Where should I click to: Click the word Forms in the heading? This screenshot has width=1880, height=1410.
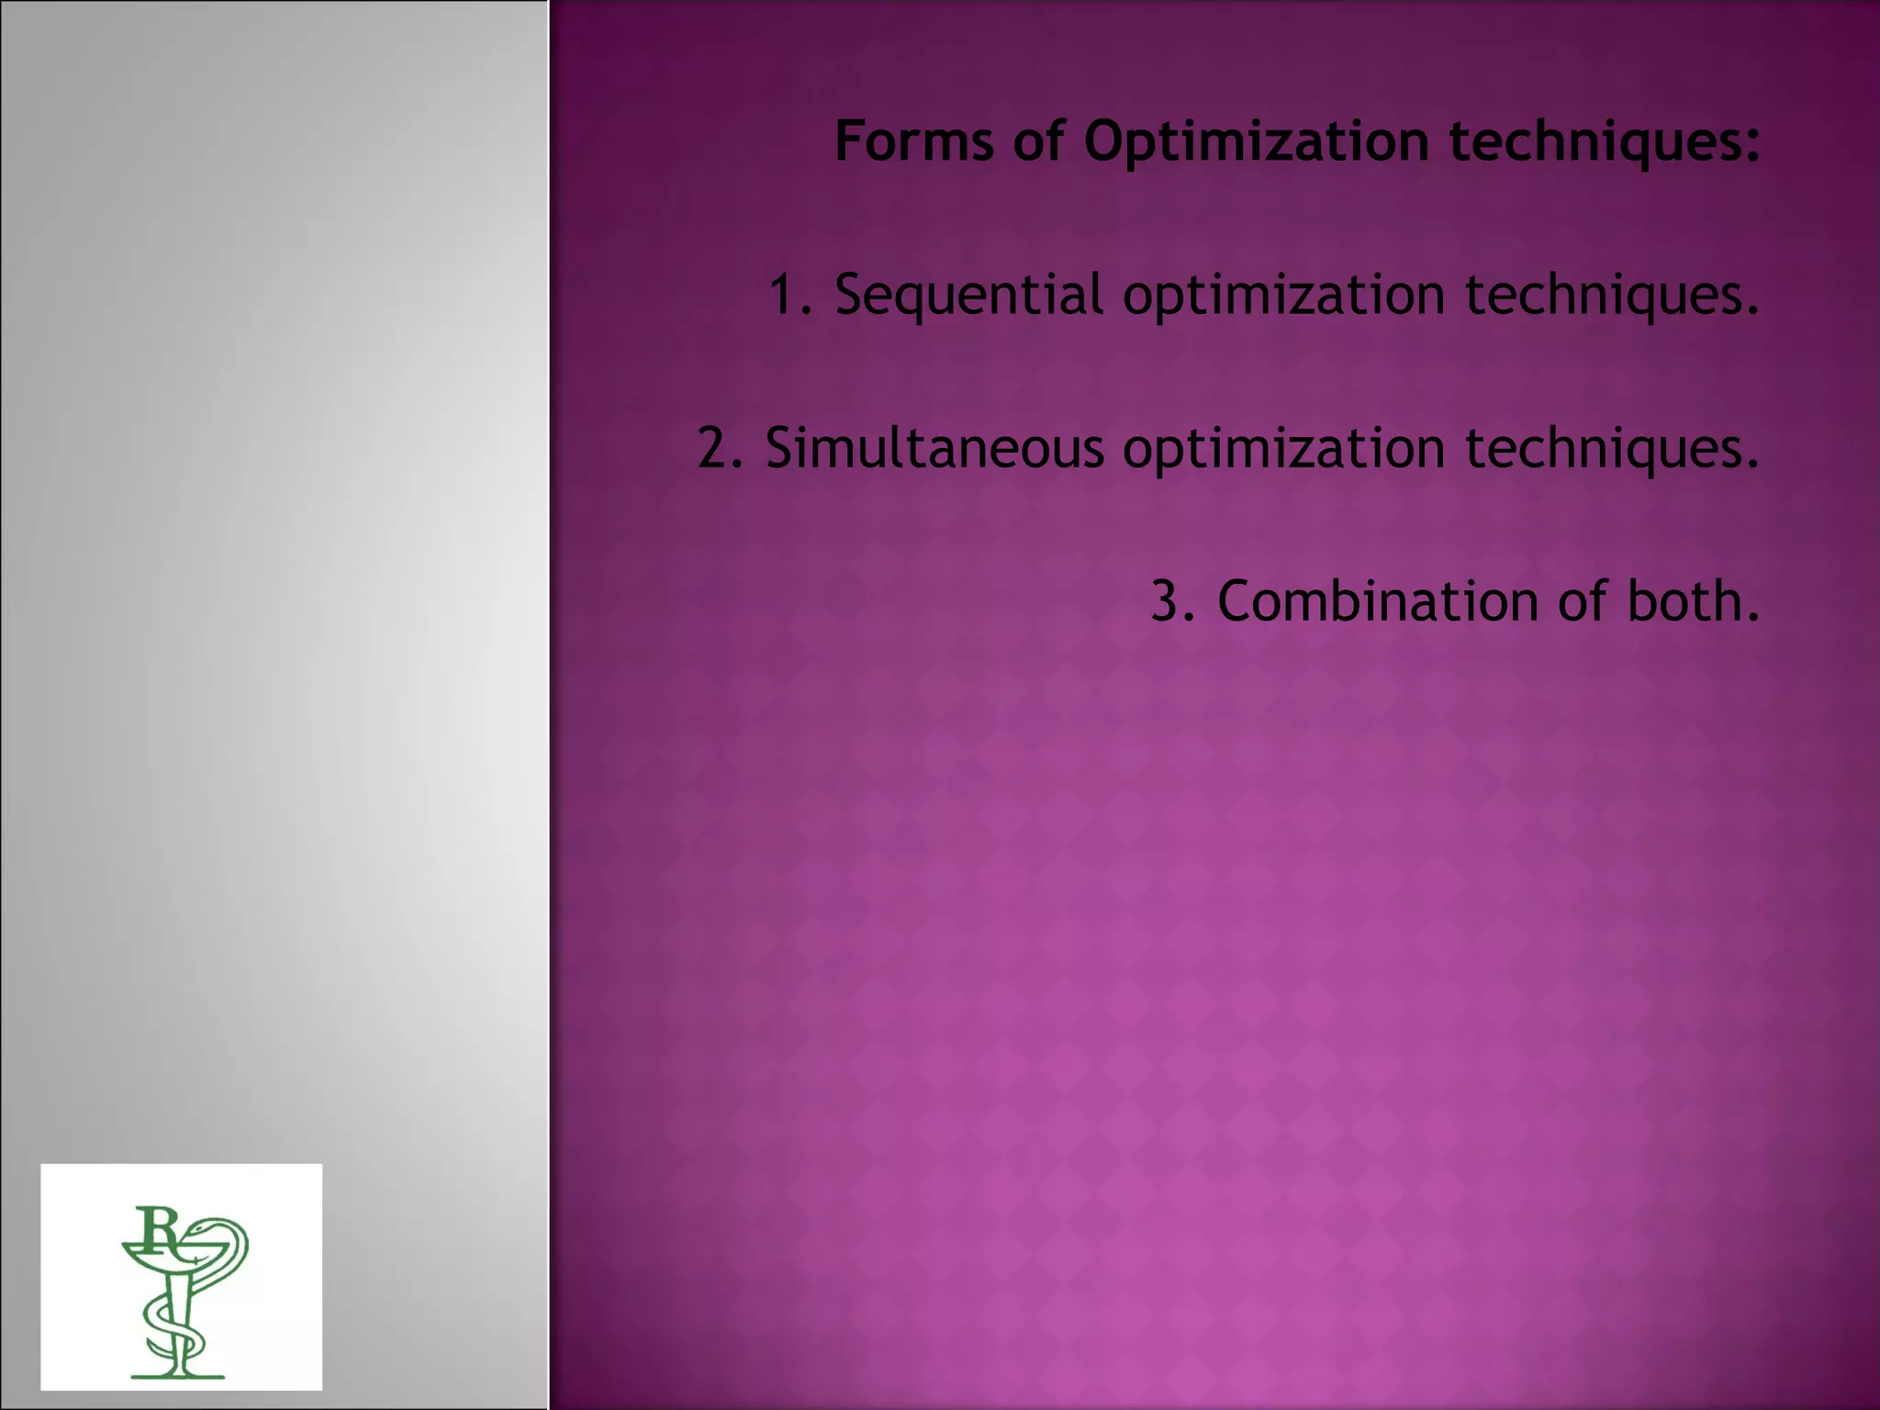[x=913, y=142]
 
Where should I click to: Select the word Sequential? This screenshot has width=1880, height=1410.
[x=968, y=296]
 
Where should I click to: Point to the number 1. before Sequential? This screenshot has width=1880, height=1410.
[x=790, y=296]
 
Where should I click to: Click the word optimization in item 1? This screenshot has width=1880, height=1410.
[x=1283, y=296]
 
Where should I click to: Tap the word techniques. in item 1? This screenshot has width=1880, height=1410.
[x=1612, y=296]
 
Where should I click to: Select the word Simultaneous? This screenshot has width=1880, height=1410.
[x=934, y=449]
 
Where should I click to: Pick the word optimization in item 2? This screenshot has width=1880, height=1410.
[x=1283, y=449]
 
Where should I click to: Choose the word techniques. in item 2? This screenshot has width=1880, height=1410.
[x=1612, y=449]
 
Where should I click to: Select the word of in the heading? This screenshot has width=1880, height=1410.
[x=1038, y=142]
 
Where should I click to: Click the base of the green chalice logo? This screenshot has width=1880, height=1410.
[x=177, y=1374]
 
